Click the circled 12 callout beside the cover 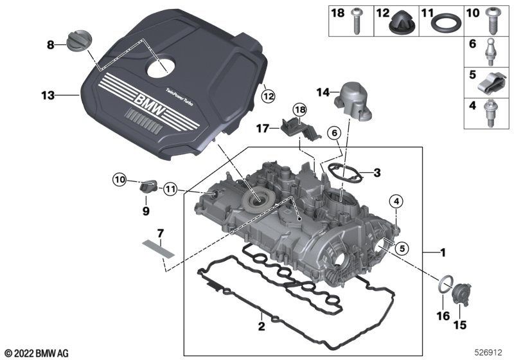[268, 96]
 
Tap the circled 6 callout [333, 132]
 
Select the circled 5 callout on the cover [402, 247]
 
